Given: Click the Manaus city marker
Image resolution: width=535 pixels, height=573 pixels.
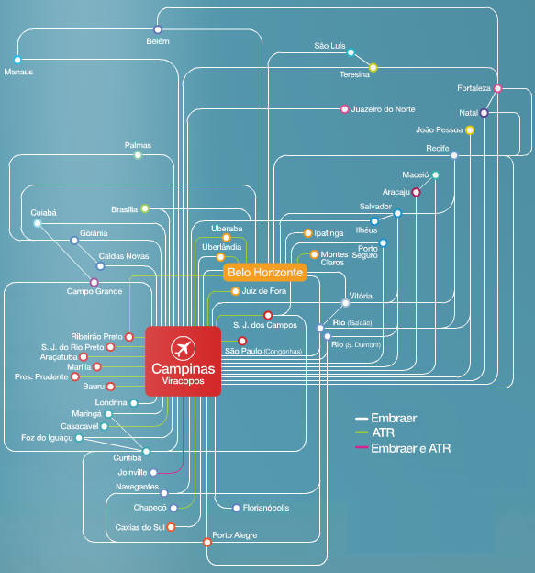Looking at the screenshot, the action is (x=17, y=60).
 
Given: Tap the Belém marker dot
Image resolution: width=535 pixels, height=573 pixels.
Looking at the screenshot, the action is (x=158, y=29).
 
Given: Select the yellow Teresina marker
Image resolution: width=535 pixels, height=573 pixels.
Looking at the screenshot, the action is (x=373, y=68).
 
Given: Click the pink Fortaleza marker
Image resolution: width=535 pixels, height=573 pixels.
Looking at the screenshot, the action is (x=497, y=88).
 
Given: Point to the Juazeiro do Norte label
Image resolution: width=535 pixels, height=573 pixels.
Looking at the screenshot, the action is (x=383, y=109).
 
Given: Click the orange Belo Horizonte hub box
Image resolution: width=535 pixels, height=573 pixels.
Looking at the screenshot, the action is (x=265, y=272).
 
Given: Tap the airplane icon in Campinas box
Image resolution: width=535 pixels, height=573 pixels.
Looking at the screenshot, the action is (x=183, y=347).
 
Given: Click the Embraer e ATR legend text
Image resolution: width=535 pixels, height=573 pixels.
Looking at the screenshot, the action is (x=411, y=448).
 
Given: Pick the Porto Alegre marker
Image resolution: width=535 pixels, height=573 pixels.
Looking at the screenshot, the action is (x=207, y=542).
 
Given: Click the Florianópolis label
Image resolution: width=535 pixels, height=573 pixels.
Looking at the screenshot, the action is (x=266, y=508).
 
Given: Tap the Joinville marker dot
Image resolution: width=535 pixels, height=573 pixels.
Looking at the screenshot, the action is (x=154, y=473).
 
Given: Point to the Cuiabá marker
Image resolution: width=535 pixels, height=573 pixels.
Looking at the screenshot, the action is (x=38, y=223).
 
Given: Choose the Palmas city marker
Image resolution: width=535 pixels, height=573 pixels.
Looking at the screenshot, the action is (x=138, y=155).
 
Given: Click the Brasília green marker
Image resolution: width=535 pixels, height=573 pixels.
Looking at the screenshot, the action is (x=145, y=208).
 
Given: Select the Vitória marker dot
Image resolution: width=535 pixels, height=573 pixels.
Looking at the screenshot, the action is (x=345, y=303).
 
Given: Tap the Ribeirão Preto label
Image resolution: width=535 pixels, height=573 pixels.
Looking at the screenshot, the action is (x=96, y=336).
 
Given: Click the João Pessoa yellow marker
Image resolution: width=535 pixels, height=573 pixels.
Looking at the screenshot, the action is (x=470, y=130).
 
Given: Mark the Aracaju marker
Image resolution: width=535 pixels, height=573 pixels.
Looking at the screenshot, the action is (x=416, y=192).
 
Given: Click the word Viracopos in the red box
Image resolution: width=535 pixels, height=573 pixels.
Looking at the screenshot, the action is (x=183, y=381).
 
